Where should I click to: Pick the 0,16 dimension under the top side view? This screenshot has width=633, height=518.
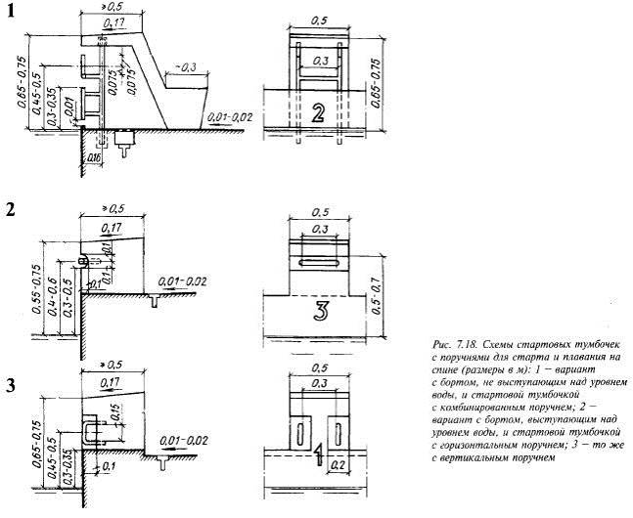point(95,156)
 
